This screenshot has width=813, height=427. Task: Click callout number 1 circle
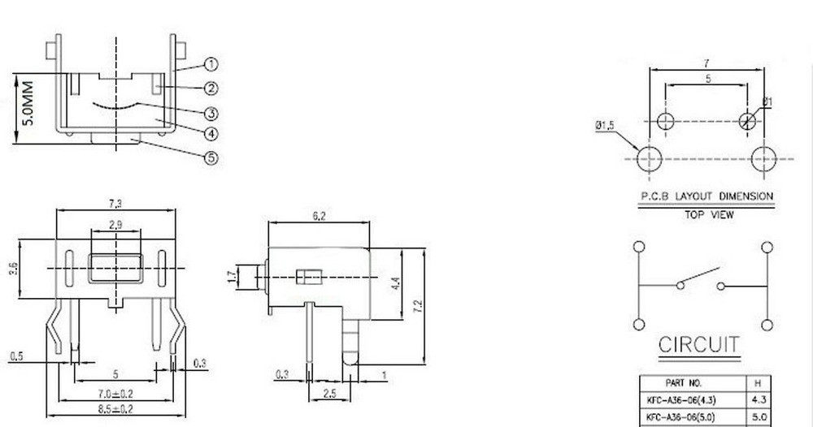tap(211, 64)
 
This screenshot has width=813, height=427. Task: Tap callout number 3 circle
tap(211, 113)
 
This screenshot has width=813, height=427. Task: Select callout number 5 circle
tap(211, 158)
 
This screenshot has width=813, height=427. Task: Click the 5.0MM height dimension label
tap(28, 103)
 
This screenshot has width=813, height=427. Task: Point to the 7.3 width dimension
tap(115, 202)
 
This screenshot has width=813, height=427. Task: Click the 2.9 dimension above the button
tap(115, 225)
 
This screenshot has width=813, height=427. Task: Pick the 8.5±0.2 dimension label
tap(115, 408)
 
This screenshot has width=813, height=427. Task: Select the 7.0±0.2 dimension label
tap(115, 393)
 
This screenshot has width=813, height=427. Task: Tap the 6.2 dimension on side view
tap(319, 216)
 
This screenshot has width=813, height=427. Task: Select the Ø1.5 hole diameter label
tap(606, 125)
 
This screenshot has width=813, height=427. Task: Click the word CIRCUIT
tap(699, 345)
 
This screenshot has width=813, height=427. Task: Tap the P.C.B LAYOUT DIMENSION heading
tap(706, 196)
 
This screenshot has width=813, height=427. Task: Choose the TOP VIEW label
tap(706, 215)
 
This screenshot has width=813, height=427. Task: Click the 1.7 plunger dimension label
tap(231, 278)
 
